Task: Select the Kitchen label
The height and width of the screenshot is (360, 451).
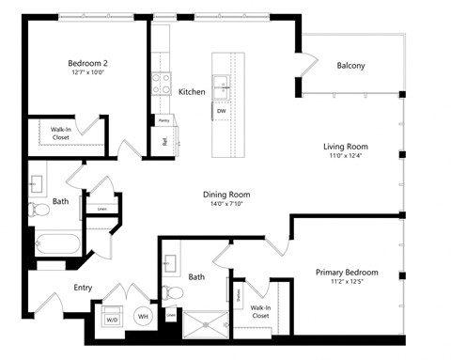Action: point(192,91)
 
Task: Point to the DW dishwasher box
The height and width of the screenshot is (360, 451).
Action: point(222,111)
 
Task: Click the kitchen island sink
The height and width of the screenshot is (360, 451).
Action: point(224,86)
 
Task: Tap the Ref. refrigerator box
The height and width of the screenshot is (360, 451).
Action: point(164,141)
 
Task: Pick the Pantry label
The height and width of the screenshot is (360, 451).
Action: point(163,120)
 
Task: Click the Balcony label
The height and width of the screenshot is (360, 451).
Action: point(350,66)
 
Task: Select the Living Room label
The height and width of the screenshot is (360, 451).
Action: point(345,147)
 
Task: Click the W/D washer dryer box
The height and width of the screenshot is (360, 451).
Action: point(111,318)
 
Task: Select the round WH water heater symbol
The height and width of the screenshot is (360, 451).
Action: point(144,317)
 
